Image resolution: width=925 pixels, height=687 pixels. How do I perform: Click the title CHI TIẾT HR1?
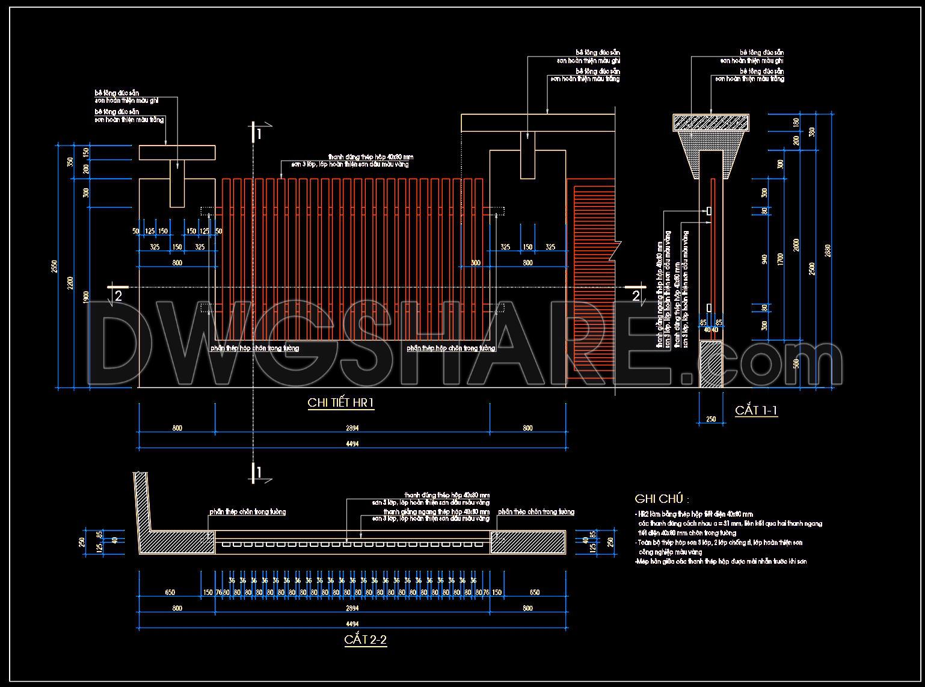coord(341,402)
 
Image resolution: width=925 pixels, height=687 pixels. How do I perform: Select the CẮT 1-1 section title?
coord(756,411)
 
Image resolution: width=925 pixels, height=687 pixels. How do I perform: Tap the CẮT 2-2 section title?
coord(365,639)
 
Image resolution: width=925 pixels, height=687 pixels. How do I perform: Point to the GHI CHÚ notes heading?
coord(661,499)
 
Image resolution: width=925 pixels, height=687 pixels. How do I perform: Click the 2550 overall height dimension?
coord(55,265)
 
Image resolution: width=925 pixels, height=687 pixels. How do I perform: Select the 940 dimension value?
coord(764,259)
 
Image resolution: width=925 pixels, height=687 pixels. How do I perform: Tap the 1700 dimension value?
coord(780,259)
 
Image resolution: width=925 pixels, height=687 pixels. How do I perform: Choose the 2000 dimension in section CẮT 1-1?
coord(796,245)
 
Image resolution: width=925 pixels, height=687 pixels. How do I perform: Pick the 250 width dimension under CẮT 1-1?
coord(711,419)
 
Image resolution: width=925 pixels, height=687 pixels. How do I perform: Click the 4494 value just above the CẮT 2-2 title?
coord(353,624)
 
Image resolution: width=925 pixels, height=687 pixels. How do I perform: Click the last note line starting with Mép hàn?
coord(721,561)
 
